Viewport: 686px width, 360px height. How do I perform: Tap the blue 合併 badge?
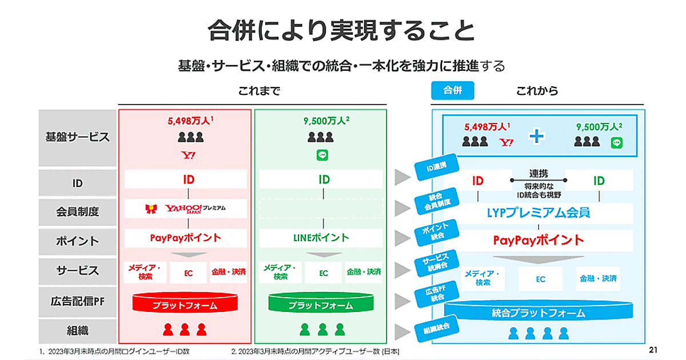(453, 90)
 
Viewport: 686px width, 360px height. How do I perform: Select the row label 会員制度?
(78, 211)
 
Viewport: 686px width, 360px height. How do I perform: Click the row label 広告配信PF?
(78, 300)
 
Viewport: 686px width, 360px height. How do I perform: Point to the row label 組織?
(78, 330)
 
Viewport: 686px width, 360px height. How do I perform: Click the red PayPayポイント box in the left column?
(186, 238)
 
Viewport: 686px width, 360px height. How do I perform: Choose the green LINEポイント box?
(320, 238)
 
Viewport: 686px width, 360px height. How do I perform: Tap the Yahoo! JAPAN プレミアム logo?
(186, 209)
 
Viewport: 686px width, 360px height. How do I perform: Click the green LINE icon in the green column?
(321, 155)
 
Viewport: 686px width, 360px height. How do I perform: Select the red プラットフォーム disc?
(185, 304)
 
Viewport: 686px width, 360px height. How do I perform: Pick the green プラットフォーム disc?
(321, 304)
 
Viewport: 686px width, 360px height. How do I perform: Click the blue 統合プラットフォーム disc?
(539, 312)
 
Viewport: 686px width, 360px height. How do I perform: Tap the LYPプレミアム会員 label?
(539, 213)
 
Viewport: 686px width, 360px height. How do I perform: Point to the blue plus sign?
(536, 137)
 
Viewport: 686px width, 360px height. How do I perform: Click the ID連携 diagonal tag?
(436, 167)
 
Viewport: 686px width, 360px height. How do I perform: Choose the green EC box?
(324, 273)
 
